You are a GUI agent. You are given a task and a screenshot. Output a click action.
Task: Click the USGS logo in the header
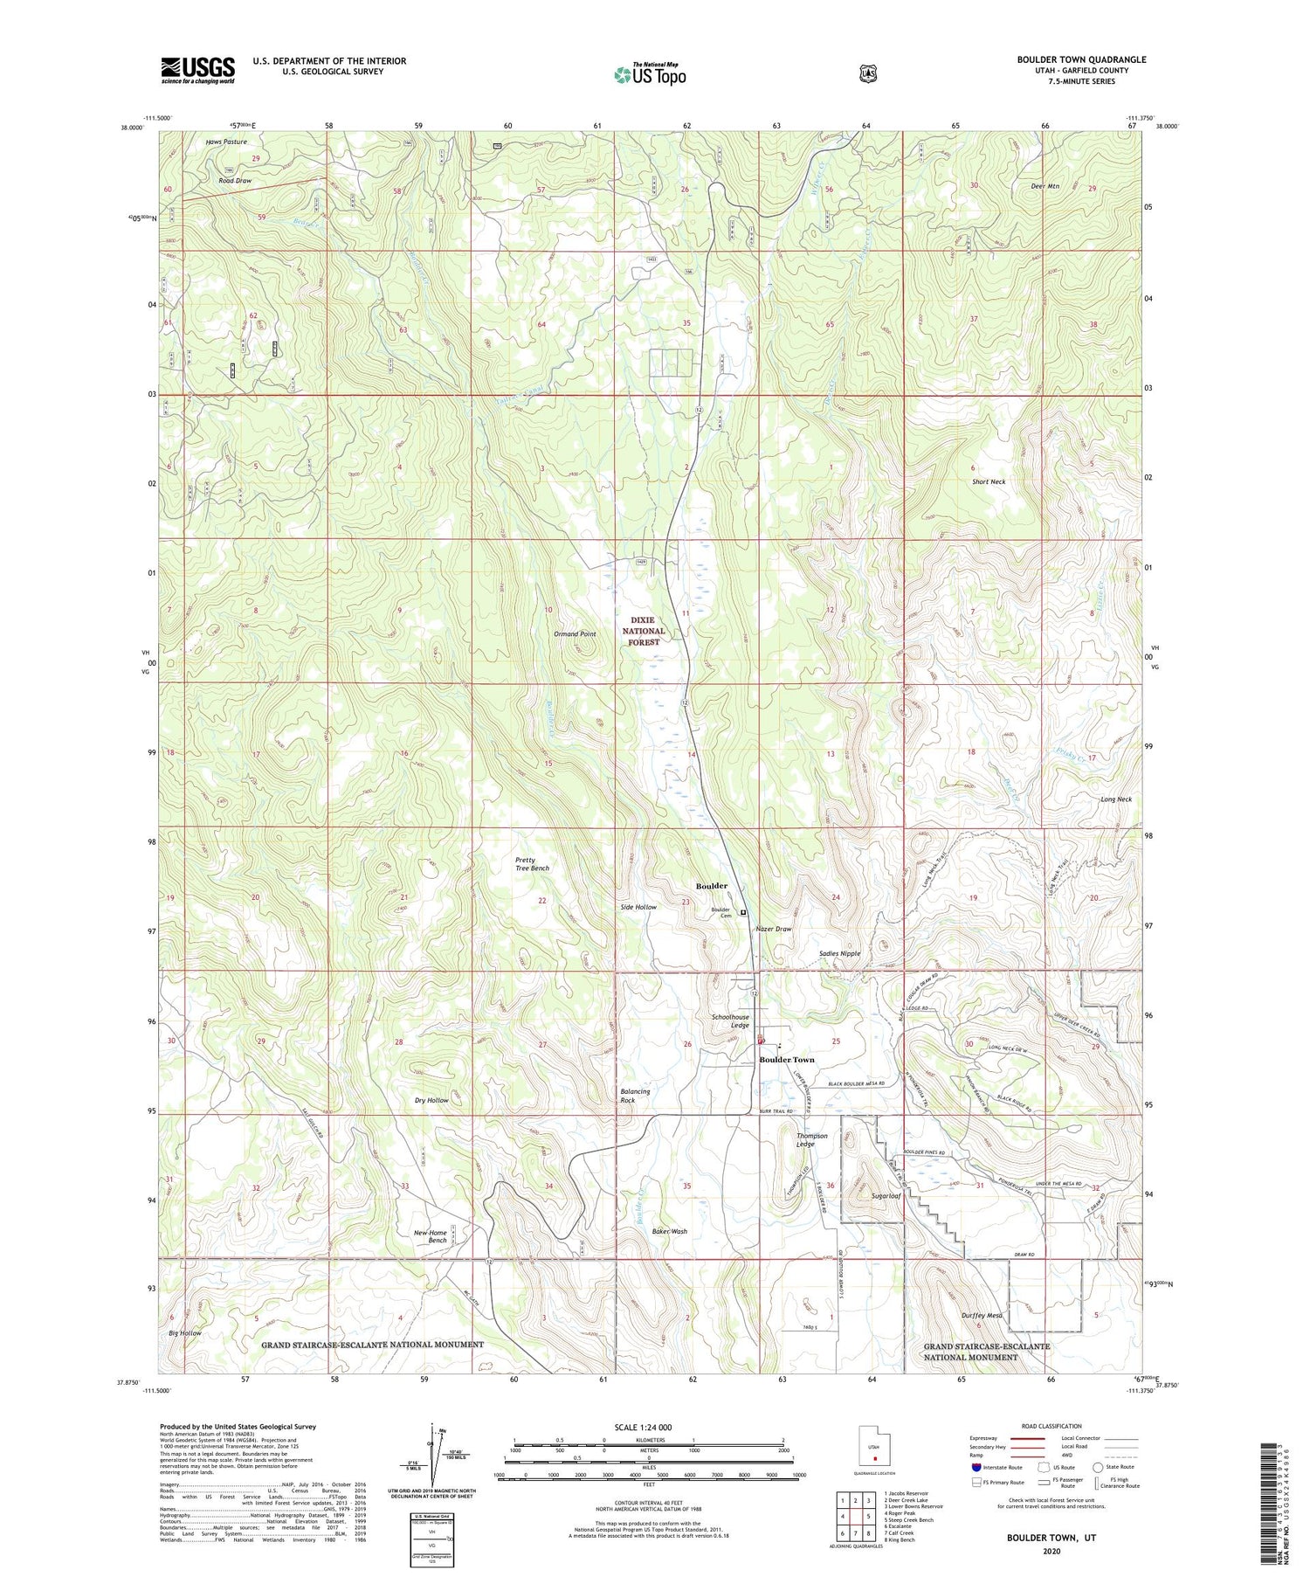[197, 70]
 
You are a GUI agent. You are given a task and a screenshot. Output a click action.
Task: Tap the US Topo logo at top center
[650, 74]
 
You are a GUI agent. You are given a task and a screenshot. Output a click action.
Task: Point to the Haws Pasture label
[226, 142]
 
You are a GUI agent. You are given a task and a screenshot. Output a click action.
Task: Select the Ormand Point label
[575, 633]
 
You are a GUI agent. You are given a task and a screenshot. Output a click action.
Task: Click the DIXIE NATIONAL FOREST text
[643, 631]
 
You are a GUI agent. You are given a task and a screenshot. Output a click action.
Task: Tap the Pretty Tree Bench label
[532, 863]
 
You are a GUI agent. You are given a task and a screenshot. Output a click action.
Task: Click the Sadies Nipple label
[839, 953]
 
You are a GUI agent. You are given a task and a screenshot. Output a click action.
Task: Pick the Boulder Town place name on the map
[786, 1060]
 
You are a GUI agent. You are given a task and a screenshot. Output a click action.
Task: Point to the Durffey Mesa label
[982, 1315]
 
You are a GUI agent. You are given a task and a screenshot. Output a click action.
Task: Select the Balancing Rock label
[635, 1096]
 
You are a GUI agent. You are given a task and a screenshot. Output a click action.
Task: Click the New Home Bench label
[431, 1236]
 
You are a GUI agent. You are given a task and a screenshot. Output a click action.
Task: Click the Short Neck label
[989, 481]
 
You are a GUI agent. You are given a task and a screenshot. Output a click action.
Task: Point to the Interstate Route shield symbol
[976, 1467]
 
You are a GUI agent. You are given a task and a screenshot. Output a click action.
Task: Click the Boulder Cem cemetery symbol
[743, 912]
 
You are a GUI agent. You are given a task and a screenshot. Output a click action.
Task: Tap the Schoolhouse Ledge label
[730, 1021]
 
